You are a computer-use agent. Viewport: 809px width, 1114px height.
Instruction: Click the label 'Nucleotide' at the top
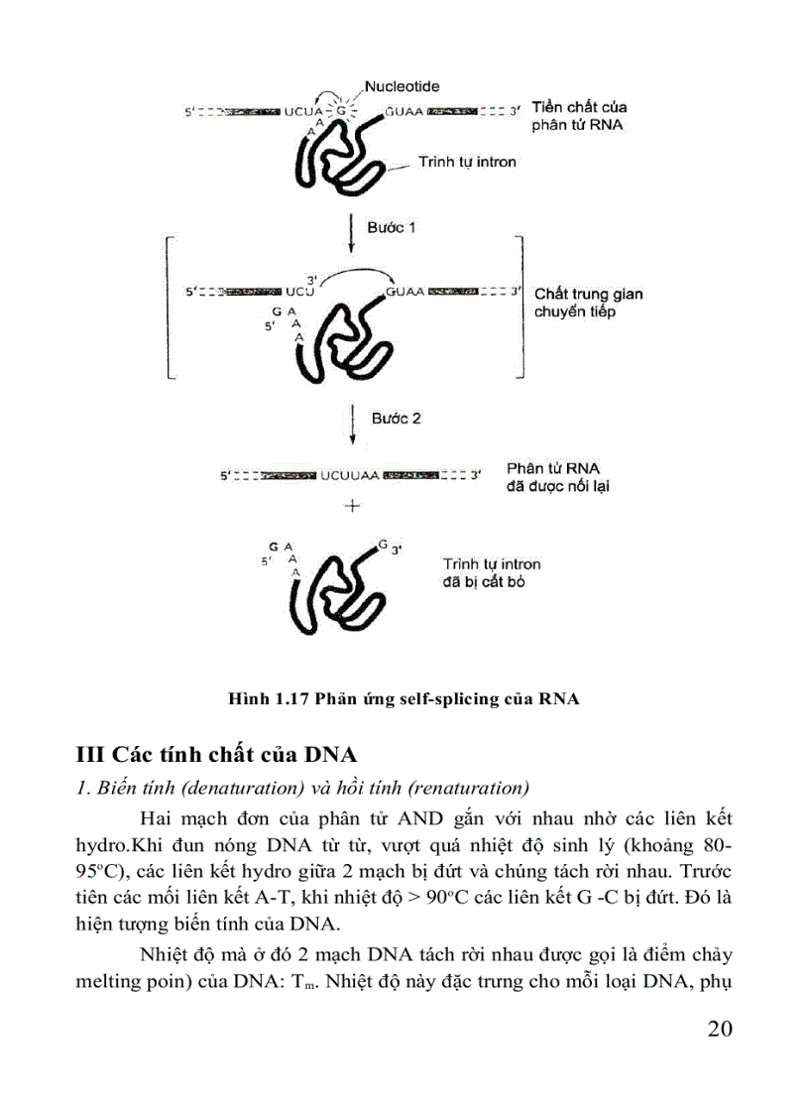[x=402, y=86]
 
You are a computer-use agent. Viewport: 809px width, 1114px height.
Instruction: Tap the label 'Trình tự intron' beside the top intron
[x=467, y=162]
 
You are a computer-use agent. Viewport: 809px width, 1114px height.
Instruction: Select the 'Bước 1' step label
[x=392, y=227]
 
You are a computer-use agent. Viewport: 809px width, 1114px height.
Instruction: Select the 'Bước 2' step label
[x=396, y=419]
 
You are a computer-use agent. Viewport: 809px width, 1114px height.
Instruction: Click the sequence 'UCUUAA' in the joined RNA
[x=351, y=476]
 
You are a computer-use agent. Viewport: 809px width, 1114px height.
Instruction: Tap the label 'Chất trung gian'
[x=588, y=294]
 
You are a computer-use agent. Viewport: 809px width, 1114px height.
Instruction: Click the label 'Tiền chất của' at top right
[x=579, y=107]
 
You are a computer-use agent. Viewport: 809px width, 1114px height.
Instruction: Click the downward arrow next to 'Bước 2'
[x=352, y=425]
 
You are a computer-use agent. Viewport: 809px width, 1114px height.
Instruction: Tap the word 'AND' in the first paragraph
[x=427, y=819]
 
